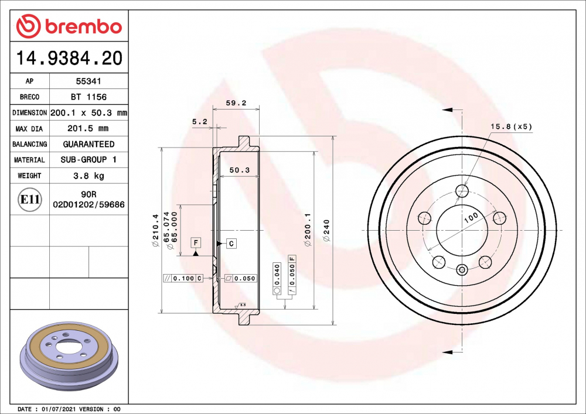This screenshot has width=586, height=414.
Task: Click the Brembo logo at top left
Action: (x=69, y=26)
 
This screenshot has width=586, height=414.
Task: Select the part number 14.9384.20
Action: (x=69, y=59)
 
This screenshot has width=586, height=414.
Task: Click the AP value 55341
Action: (x=88, y=81)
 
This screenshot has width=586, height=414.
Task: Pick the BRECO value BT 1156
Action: (x=88, y=97)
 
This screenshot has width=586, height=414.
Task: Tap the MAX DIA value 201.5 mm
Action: (x=88, y=128)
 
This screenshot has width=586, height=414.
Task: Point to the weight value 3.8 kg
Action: (x=88, y=176)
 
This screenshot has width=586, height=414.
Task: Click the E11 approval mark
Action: (x=30, y=200)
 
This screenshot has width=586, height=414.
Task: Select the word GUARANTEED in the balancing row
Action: (x=88, y=144)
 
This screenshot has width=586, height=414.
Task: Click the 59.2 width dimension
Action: (x=236, y=103)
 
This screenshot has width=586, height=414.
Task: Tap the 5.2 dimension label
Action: (x=199, y=121)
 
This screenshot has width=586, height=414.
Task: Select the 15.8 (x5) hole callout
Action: (x=511, y=126)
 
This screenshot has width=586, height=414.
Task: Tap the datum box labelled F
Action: (x=195, y=242)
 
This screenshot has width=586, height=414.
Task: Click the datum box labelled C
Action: (x=231, y=243)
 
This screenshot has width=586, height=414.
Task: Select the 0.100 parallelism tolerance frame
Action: (x=183, y=278)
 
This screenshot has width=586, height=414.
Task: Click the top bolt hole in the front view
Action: (x=462, y=191)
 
